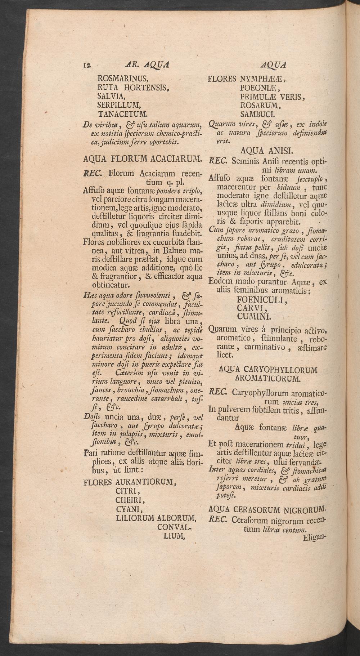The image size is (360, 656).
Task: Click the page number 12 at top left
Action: tap(87, 66)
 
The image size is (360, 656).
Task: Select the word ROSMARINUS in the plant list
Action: tap(122, 79)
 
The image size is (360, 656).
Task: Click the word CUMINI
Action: tap(254, 316)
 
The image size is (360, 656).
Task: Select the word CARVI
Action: tap(252, 308)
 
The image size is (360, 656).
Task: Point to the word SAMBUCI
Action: tap(258, 115)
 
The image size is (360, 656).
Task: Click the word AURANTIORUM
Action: tap(145, 482)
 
